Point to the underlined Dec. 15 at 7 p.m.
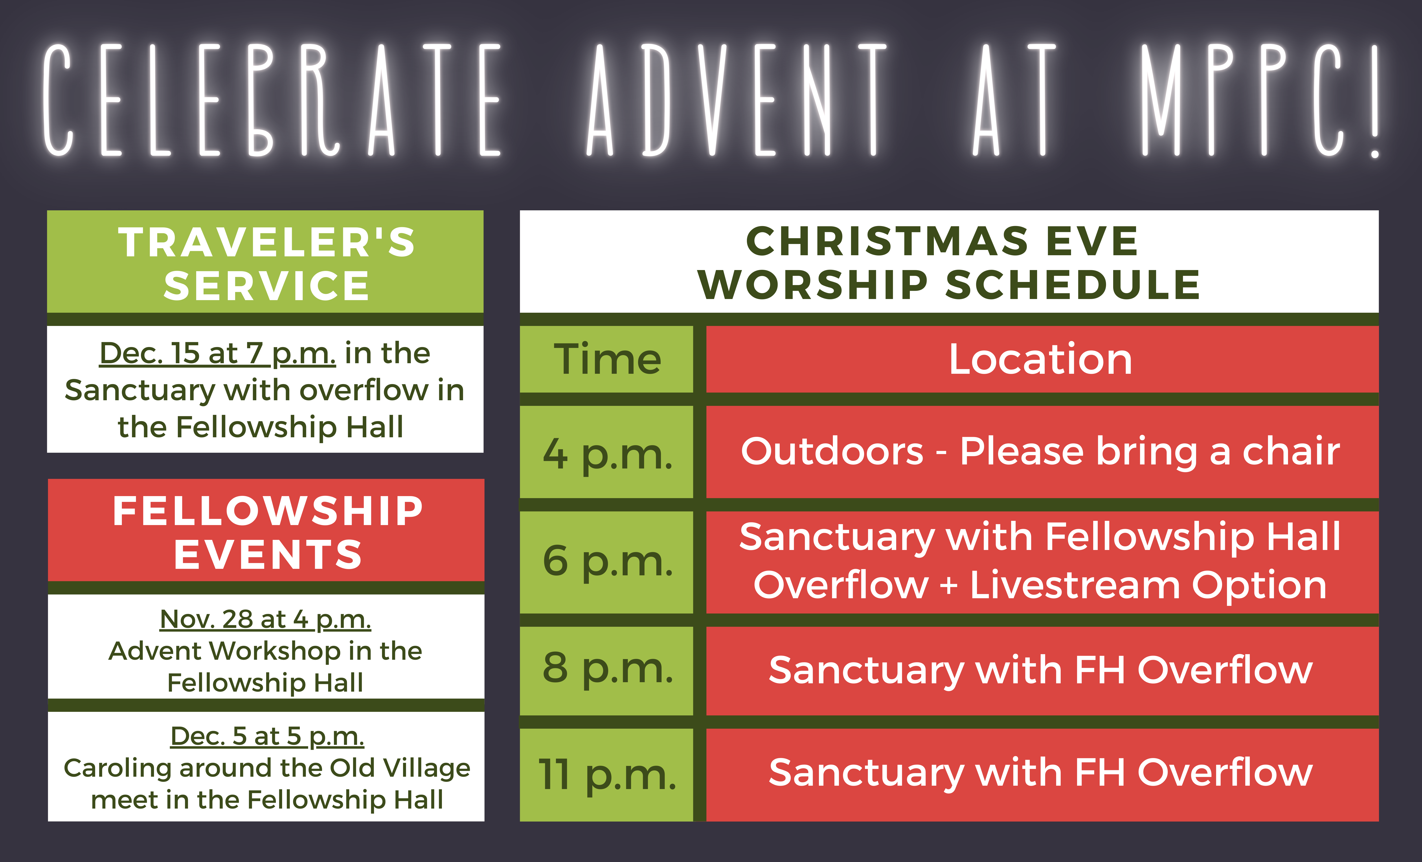(x=217, y=353)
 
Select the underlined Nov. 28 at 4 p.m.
(x=266, y=620)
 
